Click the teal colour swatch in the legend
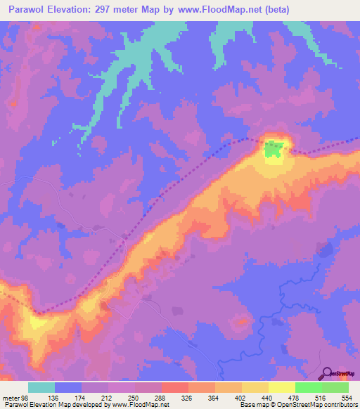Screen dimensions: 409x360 point(41,387)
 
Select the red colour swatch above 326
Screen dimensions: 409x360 point(175,387)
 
